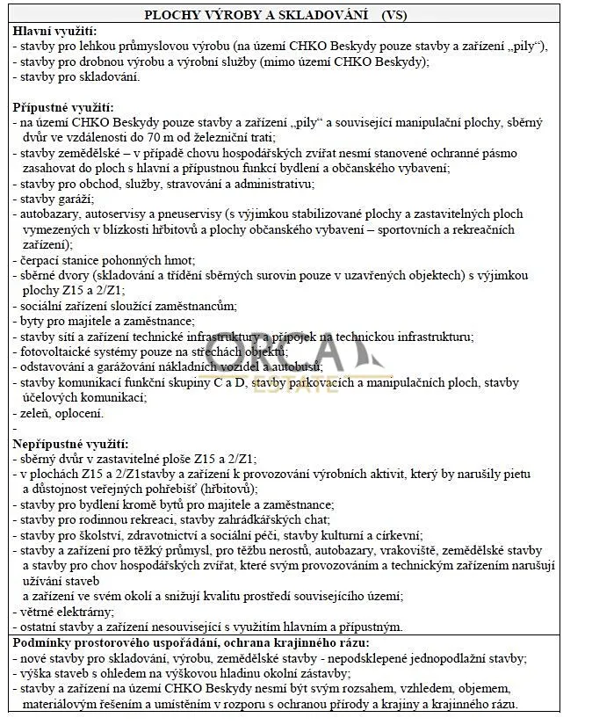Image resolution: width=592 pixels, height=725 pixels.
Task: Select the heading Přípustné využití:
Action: coord(59,108)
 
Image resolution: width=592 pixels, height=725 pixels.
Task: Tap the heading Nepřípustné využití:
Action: coord(70,444)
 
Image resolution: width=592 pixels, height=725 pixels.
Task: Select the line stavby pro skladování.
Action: coord(79,77)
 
